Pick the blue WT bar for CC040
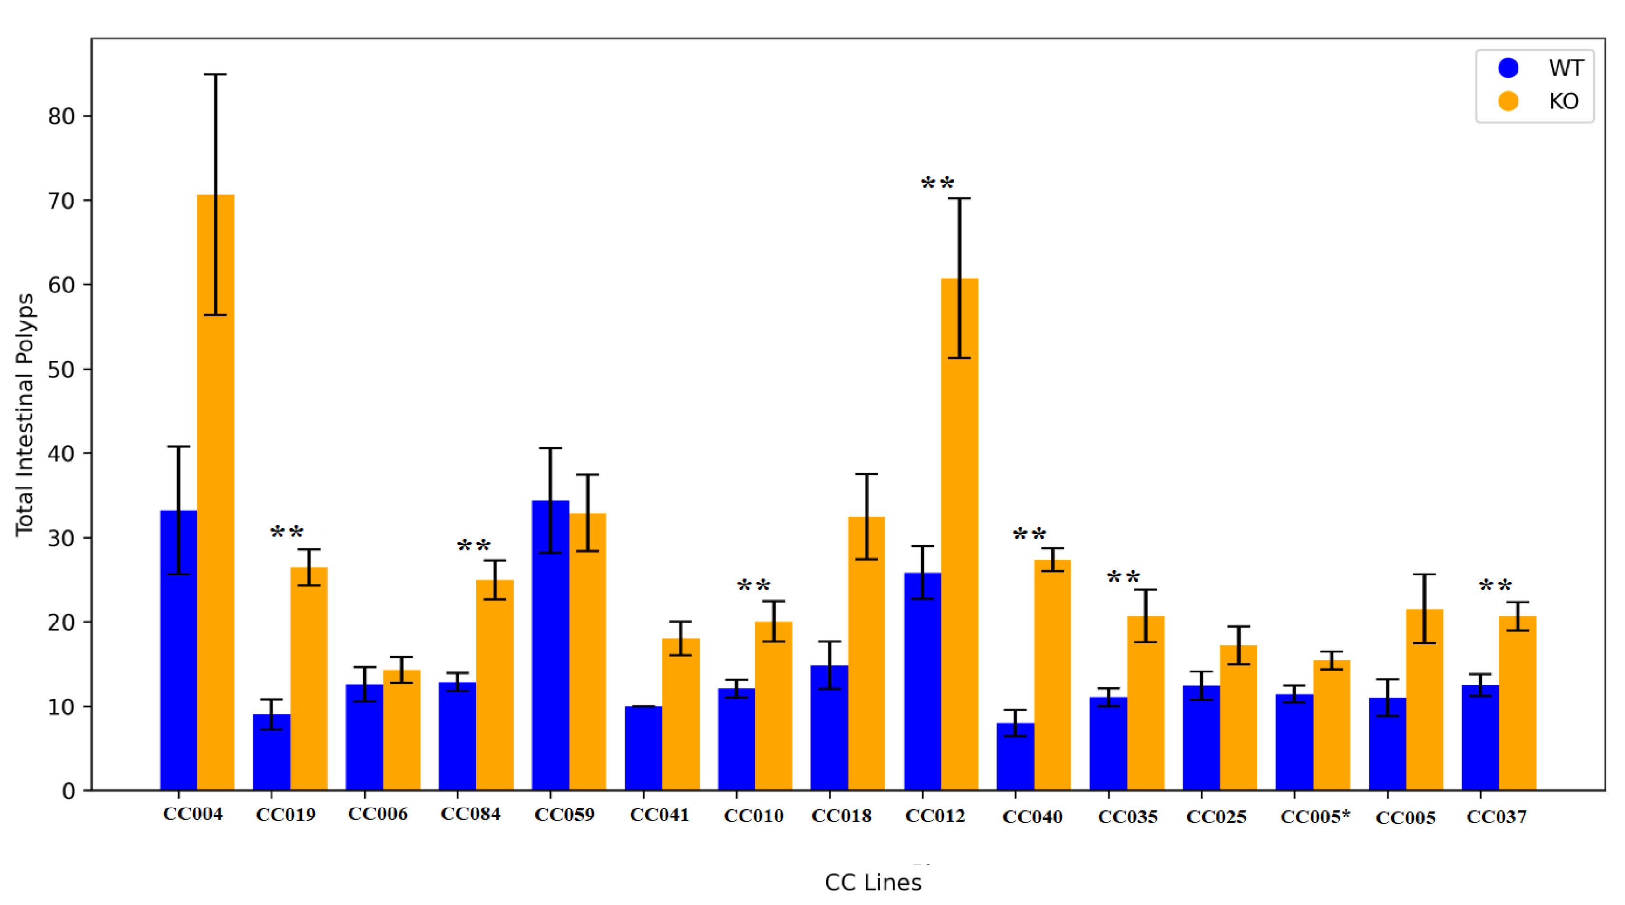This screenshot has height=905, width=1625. click(1015, 756)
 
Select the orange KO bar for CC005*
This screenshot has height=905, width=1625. click(1332, 725)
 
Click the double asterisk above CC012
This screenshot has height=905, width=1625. click(937, 184)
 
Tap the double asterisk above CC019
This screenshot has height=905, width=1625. click(287, 533)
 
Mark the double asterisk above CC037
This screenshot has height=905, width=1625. click(1495, 586)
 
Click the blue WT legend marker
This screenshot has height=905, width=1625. click(1508, 68)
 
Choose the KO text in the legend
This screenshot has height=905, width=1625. click(1564, 102)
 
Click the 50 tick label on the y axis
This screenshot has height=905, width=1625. click(61, 370)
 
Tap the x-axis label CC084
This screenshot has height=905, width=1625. click(471, 814)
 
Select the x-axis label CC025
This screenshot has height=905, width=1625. click(1216, 817)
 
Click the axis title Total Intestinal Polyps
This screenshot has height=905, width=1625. click(25, 415)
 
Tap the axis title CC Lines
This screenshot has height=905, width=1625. click(873, 882)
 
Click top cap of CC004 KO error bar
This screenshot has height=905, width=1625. click(216, 74)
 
